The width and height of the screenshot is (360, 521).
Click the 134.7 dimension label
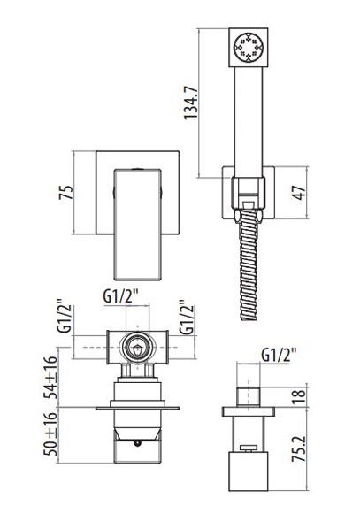pos(191,102)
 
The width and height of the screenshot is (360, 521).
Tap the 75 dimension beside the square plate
pos(65,192)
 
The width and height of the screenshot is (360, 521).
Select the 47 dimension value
pos(300,193)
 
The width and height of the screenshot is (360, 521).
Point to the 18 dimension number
pos(299,398)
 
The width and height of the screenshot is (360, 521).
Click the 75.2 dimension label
pos(299,448)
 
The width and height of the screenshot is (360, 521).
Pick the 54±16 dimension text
pos(50,377)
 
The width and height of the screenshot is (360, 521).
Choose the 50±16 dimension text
pos(50,434)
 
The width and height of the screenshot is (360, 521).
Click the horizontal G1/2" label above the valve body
pos(120,296)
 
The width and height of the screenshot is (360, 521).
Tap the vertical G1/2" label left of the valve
pos(65,316)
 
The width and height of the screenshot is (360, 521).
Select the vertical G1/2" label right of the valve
pos(187,318)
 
